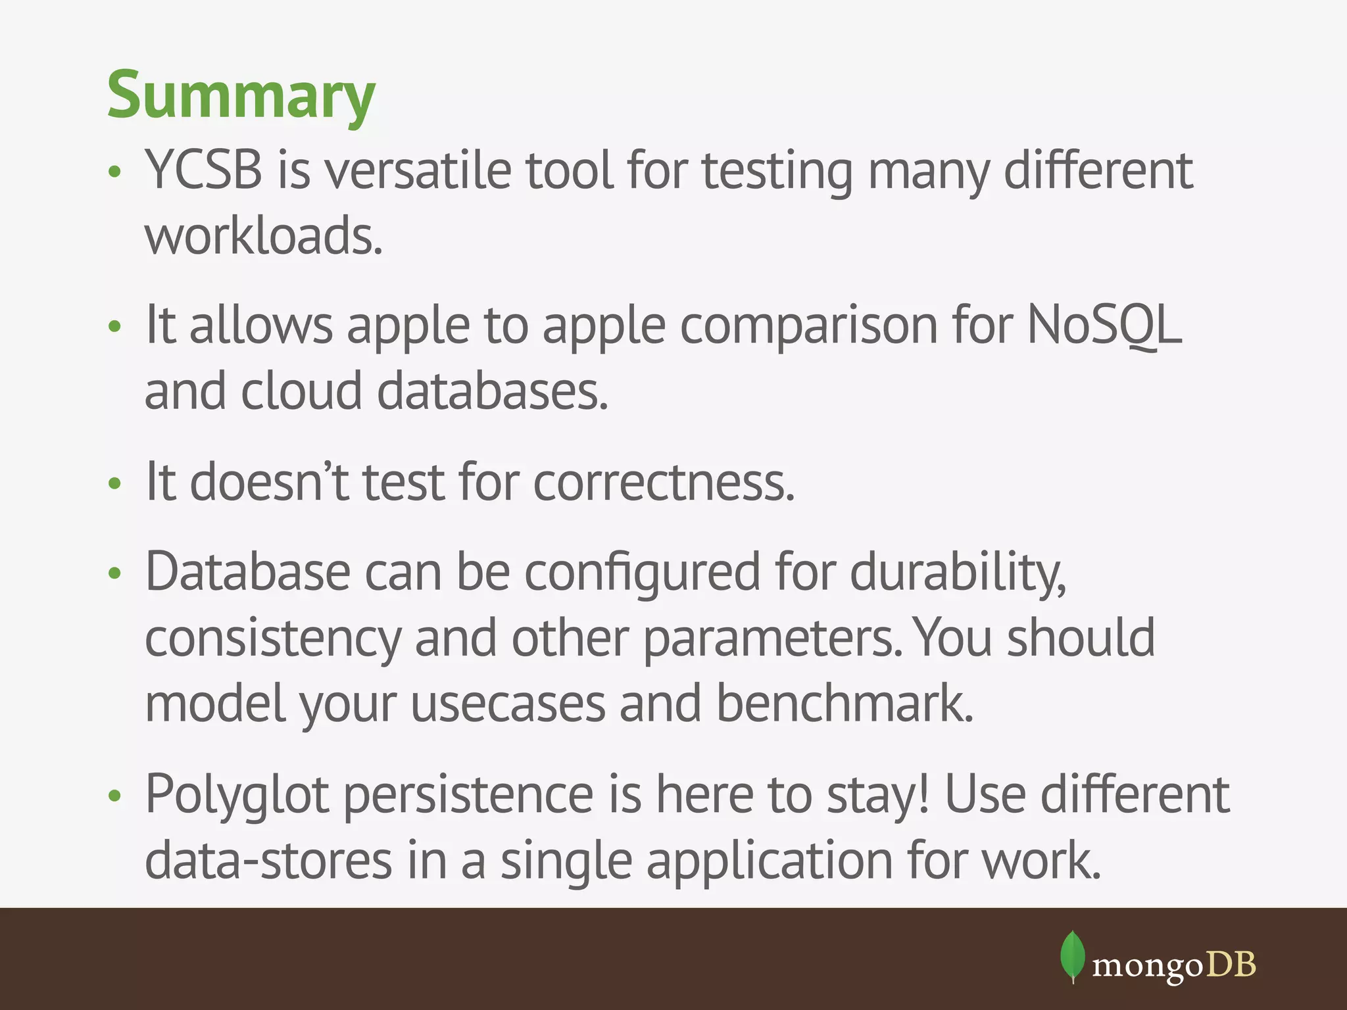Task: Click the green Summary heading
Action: coord(241,95)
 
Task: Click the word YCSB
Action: coord(203,170)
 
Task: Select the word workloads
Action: coord(263,237)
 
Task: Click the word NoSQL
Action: coord(1104,325)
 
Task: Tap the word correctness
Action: coord(663,482)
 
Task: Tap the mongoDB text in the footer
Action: coord(1173,965)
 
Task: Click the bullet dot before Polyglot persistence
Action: coord(115,796)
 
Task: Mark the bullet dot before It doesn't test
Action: coord(115,483)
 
